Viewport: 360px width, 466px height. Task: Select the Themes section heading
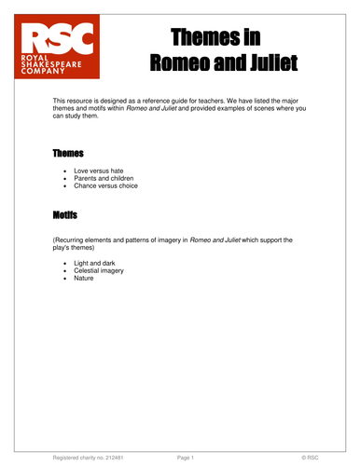pyautogui.click(x=68, y=152)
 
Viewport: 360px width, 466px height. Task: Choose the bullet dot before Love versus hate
pyautogui.click(x=64, y=171)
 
